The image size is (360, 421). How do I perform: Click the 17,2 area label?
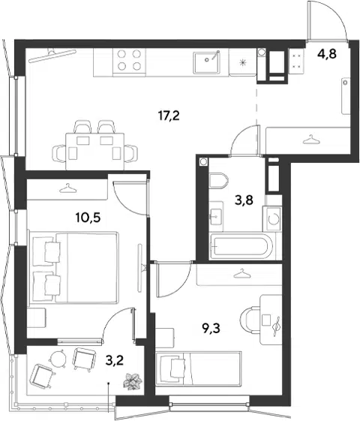click(169, 116)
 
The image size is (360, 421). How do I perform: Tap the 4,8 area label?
click(327, 54)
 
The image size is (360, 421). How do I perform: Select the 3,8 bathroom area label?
click(244, 200)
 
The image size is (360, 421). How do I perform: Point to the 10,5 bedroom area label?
click(88, 218)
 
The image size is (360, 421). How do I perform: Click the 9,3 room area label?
click(211, 328)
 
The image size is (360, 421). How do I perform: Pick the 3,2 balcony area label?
click(115, 360)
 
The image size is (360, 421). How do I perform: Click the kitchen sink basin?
click(207, 62)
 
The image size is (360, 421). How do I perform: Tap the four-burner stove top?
click(129, 60)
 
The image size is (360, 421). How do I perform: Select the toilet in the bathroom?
click(218, 180)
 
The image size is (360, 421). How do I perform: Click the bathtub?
click(241, 246)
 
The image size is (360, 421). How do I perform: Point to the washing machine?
click(272, 218)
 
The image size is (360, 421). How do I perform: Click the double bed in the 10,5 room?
click(74, 268)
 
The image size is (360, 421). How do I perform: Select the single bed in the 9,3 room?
click(199, 368)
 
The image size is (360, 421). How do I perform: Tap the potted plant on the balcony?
click(133, 380)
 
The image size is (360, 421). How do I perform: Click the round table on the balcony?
click(57, 359)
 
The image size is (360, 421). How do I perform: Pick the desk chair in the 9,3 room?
click(249, 320)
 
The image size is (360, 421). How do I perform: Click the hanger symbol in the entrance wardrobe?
click(310, 139)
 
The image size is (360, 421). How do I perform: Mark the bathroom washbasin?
click(216, 216)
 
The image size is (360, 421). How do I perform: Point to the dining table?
click(95, 152)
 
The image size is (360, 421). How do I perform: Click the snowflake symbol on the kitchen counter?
click(242, 63)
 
